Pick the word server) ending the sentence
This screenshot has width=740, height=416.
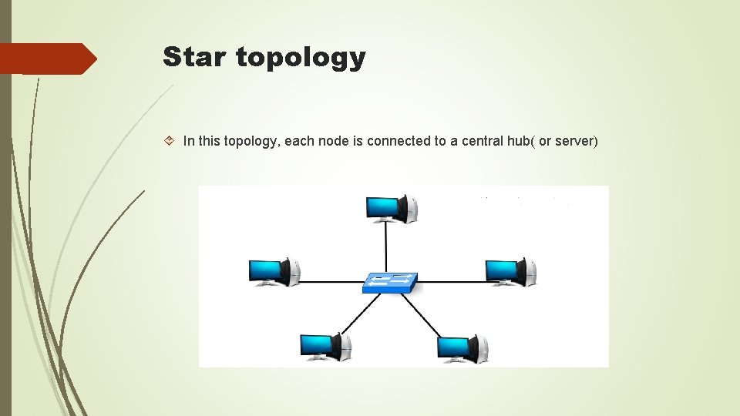coord(576,141)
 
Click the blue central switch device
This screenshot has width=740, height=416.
coord(390,282)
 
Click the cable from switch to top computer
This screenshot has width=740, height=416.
coord(386,247)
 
